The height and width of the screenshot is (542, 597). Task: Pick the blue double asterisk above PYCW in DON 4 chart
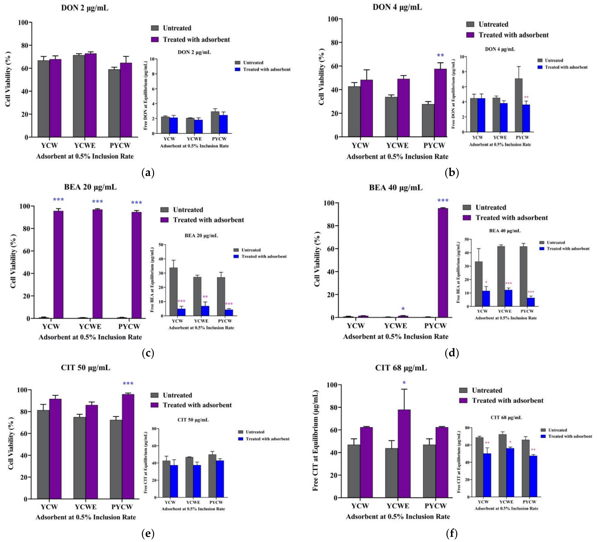pos(440,55)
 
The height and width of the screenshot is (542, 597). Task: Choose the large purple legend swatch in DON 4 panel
pos(470,35)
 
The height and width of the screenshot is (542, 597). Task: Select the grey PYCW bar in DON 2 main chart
pos(114,103)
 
